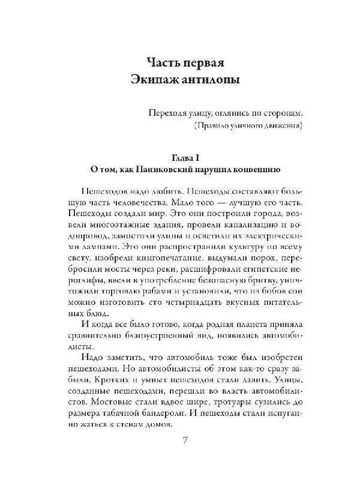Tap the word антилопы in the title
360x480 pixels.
tap(214, 80)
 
